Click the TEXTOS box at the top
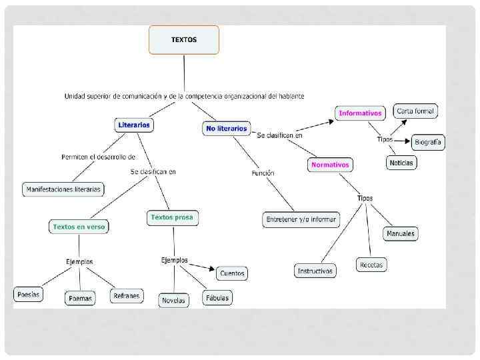(183, 40)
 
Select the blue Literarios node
(134, 125)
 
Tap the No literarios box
(227, 128)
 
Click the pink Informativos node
(360, 113)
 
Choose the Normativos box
(330, 164)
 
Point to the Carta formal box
(415, 111)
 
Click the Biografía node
(427, 142)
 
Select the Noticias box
(401, 162)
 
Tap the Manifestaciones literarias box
(63, 189)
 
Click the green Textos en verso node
(79, 227)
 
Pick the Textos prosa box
(173, 217)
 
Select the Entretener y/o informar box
(301, 219)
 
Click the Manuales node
(400, 233)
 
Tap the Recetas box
(371, 265)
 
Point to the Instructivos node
(315, 271)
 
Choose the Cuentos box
(231, 273)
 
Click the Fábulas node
(217, 298)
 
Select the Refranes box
(127, 295)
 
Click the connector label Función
(263, 173)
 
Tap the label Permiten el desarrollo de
(98, 157)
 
